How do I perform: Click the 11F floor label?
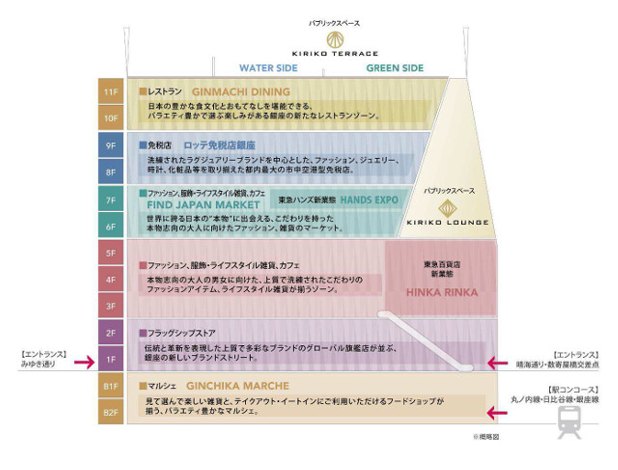click(x=111, y=92)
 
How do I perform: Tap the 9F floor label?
click(x=111, y=146)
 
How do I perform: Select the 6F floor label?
click(x=111, y=226)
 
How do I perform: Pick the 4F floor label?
click(x=111, y=280)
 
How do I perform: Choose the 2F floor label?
click(x=111, y=333)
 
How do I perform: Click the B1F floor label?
click(x=111, y=386)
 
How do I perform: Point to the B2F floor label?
click(x=111, y=412)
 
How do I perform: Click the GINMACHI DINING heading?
click(x=241, y=92)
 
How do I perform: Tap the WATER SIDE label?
click(x=268, y=68)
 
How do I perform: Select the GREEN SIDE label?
click(x=395, y=68)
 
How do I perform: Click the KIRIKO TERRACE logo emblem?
click(x=335, y=40)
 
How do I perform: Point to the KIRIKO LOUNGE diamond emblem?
click(x=447, y=209)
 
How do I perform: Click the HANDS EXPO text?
click(x=369, y=200)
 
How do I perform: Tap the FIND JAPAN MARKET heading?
click(x=203, y=205)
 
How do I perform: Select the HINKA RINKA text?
click(x=442, y=292)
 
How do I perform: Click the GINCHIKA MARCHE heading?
click(x=237, y=386)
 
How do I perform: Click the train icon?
click(x=570, y=422)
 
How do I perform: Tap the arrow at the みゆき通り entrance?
click(x=84, y=362)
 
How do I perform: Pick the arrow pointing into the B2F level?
click(x=497, y=413)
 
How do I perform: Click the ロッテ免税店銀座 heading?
click(x=219, y=145)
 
